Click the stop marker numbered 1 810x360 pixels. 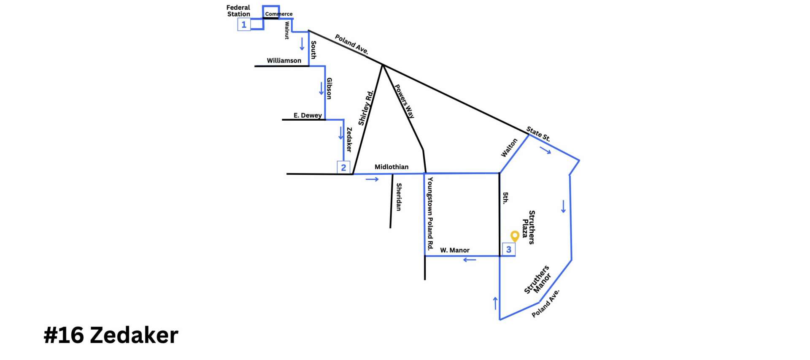pos(244,25)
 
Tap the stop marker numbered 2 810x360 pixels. pos(343,168)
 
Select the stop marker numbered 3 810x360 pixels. pos(508,249)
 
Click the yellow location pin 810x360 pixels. pos(515,236)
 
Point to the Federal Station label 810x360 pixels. pos(238,11)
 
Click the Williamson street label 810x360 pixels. pos(284,61)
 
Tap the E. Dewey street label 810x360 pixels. pos(308,115)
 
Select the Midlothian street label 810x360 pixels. pos(391,167)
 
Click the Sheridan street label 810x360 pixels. pos(399,197)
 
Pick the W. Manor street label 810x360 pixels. pos(454,250)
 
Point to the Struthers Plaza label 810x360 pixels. pos(528,227)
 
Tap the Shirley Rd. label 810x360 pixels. pos(366,108)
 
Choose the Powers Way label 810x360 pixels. pos(404,101)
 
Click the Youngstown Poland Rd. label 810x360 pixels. pos(430,214)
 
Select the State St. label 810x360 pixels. pos(538,134)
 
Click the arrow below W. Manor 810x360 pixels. pos(470,260)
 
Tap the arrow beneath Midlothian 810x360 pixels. pos(372,179)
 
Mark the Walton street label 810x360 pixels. pos(509,148)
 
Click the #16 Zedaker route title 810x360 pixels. pos(111,335)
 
